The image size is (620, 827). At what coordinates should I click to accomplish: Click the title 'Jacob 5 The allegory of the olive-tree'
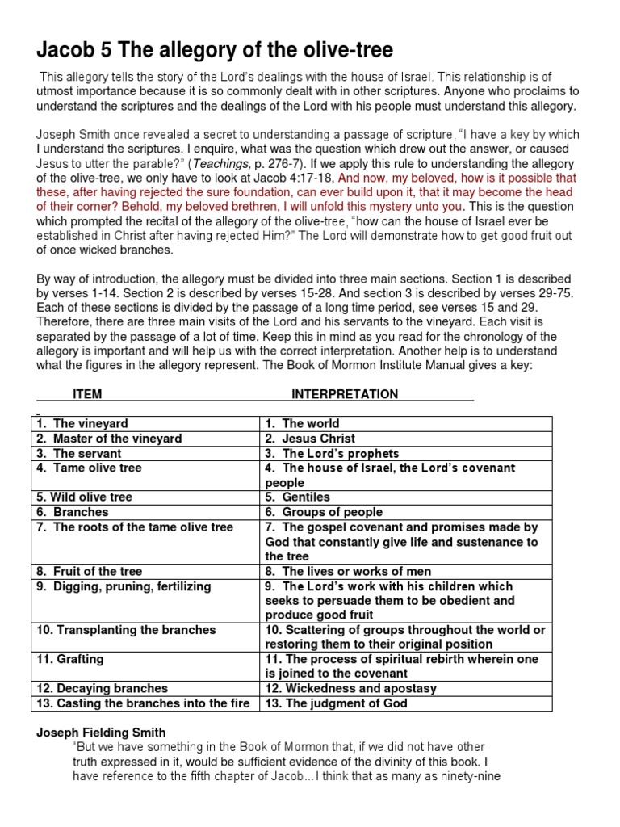[215, 51]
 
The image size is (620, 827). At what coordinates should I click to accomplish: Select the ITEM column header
[87, 394]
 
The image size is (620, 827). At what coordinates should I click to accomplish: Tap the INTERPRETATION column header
[345, 394]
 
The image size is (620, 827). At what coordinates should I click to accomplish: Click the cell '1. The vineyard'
[81, 423]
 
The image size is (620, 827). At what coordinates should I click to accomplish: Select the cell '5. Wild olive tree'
[84, 497]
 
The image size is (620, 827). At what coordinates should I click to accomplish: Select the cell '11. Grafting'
[70, 659]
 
